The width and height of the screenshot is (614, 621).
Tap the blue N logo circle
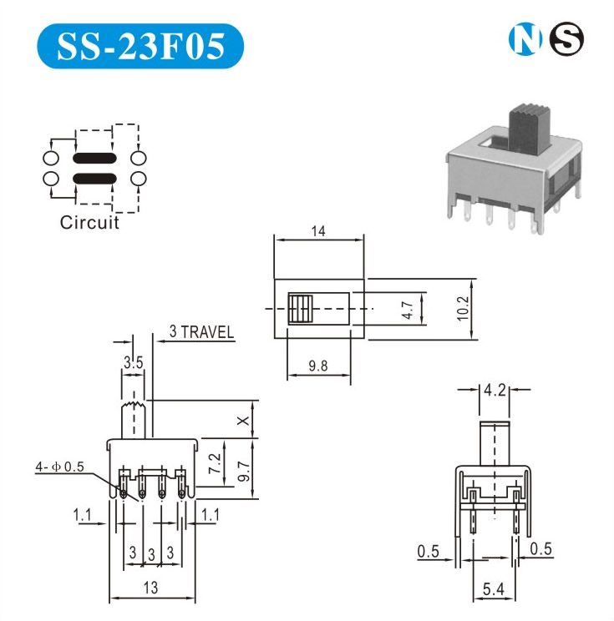coord(523,39)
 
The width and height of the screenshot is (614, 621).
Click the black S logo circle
coord(566,39)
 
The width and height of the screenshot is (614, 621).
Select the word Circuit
coord(89,223)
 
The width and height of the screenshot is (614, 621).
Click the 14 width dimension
coord(318,232)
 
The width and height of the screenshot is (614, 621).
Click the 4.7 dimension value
coord(408,310)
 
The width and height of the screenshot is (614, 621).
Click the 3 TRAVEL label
coord(201,331)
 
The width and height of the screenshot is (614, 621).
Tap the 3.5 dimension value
coord(133,363)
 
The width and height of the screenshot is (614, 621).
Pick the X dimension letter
coord(242,422)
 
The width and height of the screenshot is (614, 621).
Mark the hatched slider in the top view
coord(298,308)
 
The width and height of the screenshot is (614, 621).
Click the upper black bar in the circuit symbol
coord(94,158)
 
